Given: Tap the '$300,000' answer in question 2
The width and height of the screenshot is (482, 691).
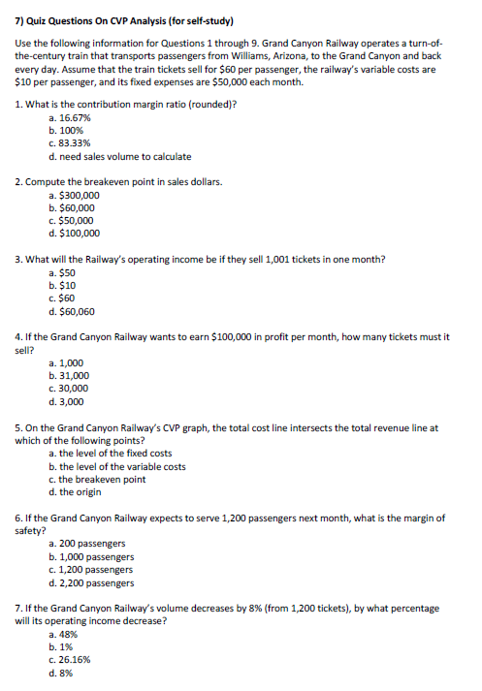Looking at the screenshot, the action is point(78,195).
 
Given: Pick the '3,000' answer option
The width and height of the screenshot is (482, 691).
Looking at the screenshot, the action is point(71,400).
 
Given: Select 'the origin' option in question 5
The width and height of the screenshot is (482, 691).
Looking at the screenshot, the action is point(85,492).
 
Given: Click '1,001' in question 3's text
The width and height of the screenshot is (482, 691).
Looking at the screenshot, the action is point(291,259).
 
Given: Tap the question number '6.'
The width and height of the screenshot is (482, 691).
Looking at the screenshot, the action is point(20,518).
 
